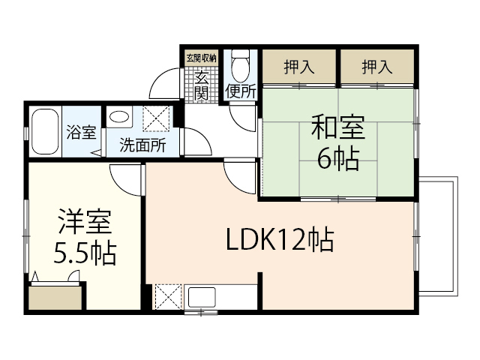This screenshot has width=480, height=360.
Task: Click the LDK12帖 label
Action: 280,241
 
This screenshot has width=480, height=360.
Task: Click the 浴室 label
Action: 80,133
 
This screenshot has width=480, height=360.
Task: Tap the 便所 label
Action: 241,92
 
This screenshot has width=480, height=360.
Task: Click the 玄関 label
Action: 202,85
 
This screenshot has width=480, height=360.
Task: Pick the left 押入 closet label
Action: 299,67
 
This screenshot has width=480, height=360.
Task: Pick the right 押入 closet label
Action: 377,67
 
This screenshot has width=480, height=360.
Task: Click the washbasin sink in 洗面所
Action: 118,117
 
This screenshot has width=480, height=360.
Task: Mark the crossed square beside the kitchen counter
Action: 166,296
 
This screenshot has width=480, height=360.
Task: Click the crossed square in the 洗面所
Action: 157,118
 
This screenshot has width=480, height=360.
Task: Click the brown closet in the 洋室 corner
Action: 56,298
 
